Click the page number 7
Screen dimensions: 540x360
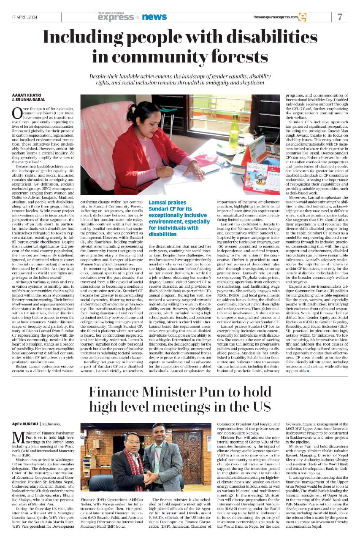[x=340, y=17]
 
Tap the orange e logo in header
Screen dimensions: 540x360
[x=302, y=17]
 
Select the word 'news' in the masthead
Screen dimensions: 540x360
[x=154, y=17]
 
